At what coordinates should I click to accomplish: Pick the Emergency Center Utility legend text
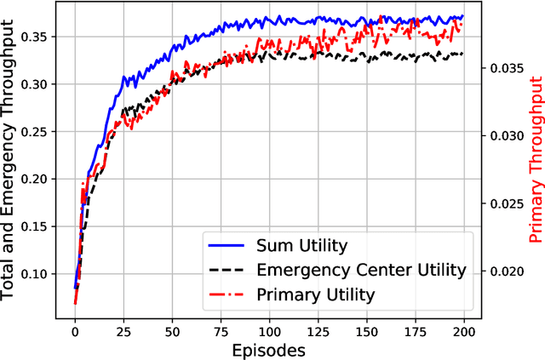[x=360, y=271]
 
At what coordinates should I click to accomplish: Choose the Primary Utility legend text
[x=315, y=294]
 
